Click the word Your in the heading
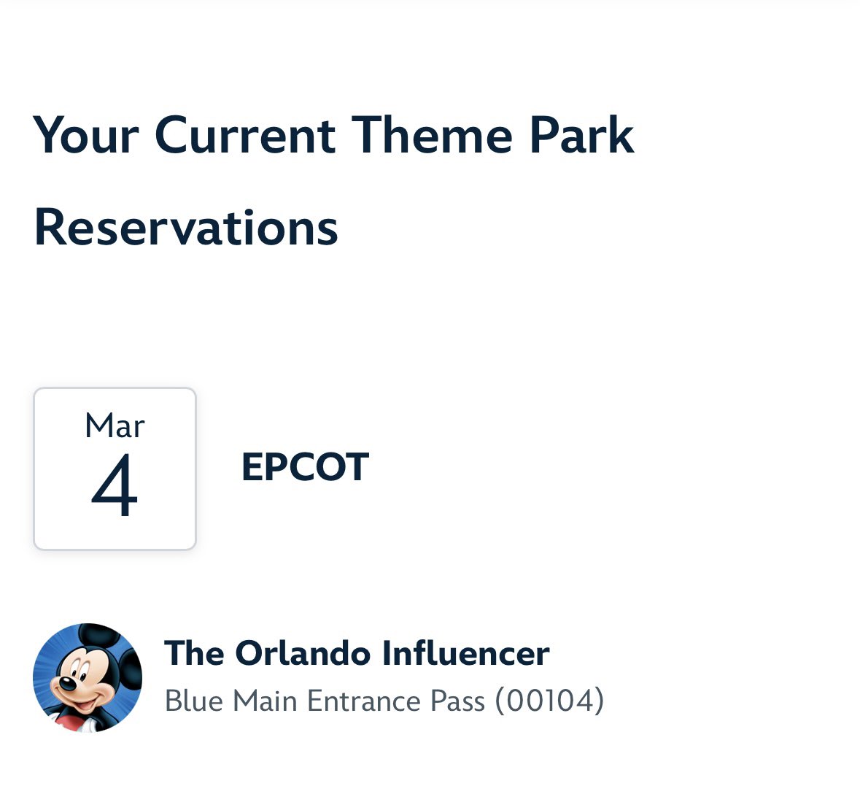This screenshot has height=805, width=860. point(86,136)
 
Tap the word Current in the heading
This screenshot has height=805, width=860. point(245,136)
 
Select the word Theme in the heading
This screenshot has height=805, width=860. point(432,136)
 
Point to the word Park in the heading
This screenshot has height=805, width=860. point(581,136)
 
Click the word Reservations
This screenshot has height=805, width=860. point(186,228)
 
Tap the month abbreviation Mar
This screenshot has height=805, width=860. point(115,425)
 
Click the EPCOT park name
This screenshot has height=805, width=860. point(305,468)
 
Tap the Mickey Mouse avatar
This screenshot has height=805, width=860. point(88,677)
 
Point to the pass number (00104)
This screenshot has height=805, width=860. point(549,701)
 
